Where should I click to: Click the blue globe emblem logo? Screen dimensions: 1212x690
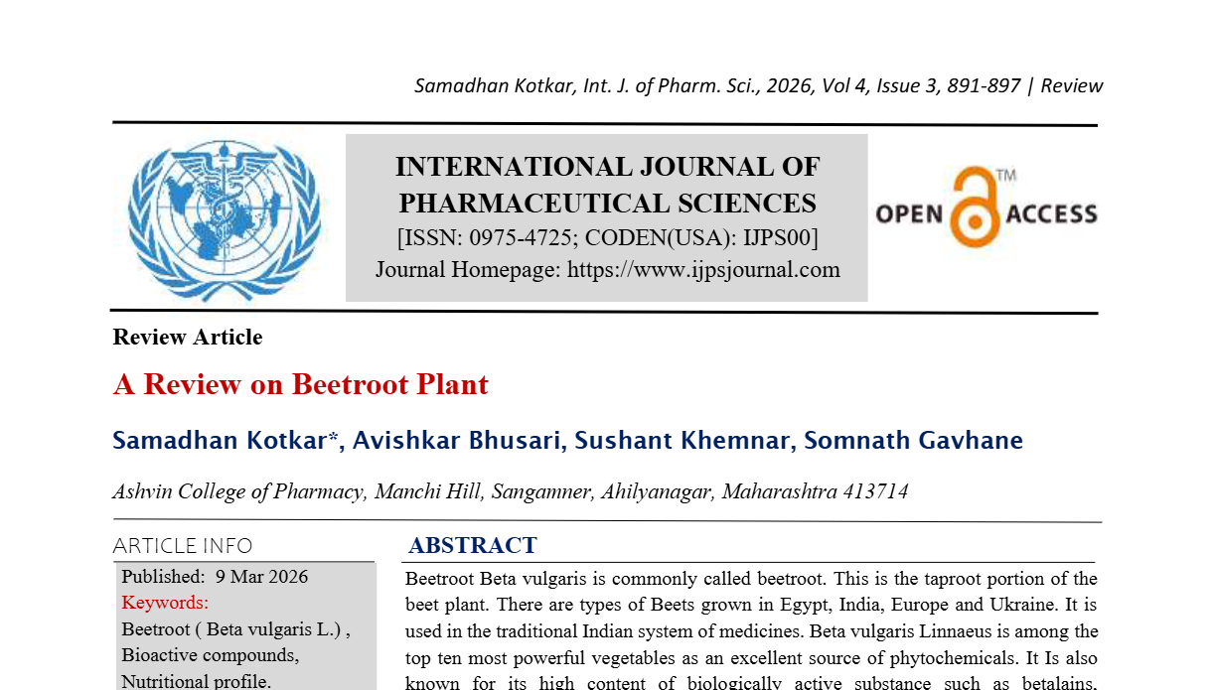pyautogui.click(x=224, y=218)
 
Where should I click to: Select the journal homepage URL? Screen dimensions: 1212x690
pyautogui.click(x=703, y=269)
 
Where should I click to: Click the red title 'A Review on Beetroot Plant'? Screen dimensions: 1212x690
pyautogui.click(x=301, y=384)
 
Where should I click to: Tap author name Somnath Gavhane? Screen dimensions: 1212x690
pyautogui.click(x=913, y=440)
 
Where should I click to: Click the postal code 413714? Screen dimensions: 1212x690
pyautogui.click(x=875, y=491)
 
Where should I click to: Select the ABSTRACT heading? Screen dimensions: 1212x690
pyautogui.click(x=473, y=545)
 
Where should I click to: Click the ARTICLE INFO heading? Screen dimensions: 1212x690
pyautogui.click(x=183, y=546)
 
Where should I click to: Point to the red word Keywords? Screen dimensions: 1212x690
pyautogui.click(x=165, y=602)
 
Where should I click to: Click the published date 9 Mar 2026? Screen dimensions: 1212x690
pyautogui.click(x=261, y=577)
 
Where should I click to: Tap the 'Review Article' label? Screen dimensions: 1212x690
pyautogui.click(x=188, y=338)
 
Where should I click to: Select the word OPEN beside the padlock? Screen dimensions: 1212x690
pyautogui.click(x=908, y=214)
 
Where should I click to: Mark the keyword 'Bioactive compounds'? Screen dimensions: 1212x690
pyautogui.click(x=210, y=655)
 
